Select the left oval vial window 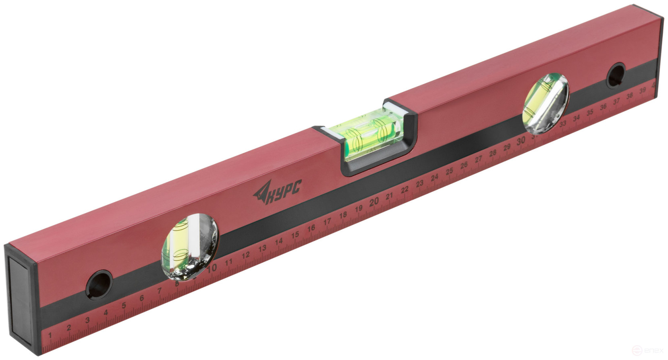(189, 247)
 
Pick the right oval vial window (546, 104)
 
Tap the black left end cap (20, 298)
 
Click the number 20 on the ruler (373, 202)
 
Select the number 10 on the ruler (212, 268)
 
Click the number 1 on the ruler (50, 335)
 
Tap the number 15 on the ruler (295, 235)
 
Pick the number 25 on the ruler (449, 171)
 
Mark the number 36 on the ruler (603, 107)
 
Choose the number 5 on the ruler (124, 305)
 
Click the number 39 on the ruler (642, 90)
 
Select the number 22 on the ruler (405, 189)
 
